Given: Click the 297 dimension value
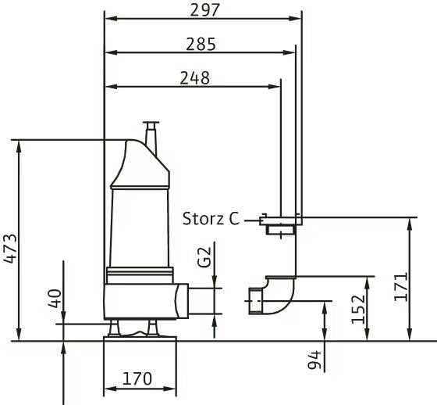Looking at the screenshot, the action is tap(204, 10).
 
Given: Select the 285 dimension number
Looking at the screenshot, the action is tap(201, 44).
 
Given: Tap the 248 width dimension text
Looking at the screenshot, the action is tap(194, 78).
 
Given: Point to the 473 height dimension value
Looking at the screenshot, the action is tap(11, 249).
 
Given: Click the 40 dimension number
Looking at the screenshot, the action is tap(55, 299).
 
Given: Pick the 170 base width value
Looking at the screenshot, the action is tap(137, 378).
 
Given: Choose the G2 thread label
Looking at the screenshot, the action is tap(204, 257).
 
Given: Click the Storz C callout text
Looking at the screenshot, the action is tap(211, 219).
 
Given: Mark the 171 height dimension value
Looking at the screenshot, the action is tap(401, 287).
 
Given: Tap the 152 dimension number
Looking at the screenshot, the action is tap(358, 309).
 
